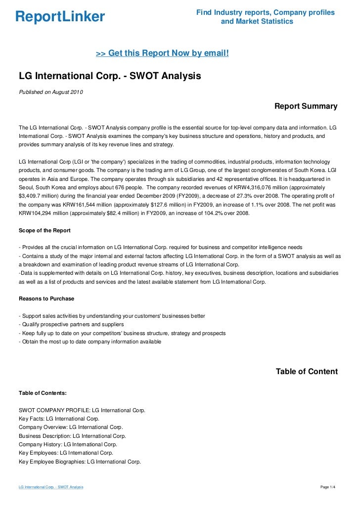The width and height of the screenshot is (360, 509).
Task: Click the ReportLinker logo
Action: [60, 17]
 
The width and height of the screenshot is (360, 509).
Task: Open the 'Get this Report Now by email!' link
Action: [162, 53]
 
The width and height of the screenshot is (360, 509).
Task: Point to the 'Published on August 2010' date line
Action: [51, 92]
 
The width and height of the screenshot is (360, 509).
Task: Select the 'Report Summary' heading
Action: [306, 106]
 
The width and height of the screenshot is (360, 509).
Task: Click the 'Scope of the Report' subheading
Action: [45, 230]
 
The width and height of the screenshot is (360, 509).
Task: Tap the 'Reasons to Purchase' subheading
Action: [46, 298]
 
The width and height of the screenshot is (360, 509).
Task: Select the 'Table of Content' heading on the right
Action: [307, 372]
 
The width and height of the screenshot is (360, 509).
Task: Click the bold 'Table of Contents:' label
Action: [43, 393]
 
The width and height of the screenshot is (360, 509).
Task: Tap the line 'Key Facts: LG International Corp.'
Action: [59, 419]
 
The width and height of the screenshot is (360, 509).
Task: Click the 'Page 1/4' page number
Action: [328, 487]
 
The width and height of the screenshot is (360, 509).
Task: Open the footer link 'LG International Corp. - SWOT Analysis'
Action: [51, 487]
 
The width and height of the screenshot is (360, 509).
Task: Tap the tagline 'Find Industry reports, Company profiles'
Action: [266, 12]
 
